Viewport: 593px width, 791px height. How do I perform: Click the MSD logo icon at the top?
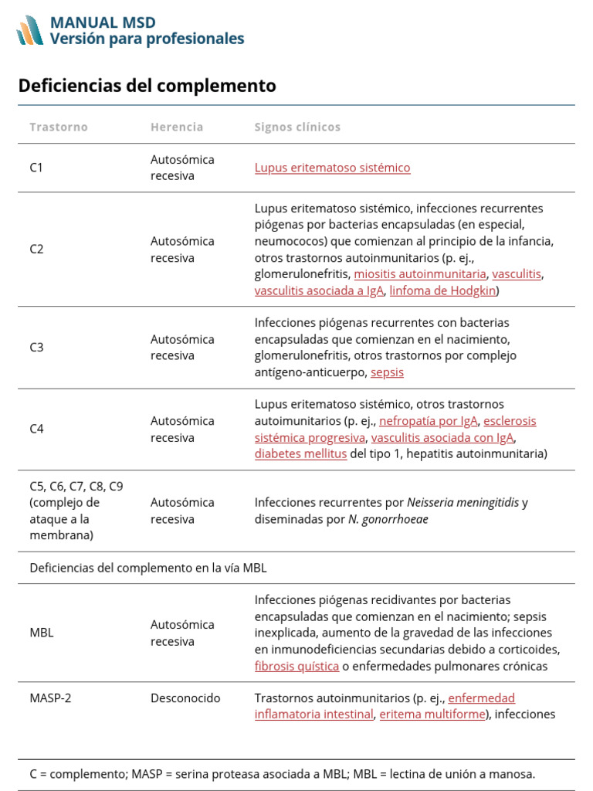click(30, 30)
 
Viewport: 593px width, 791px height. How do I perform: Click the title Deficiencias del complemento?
click(147, 86)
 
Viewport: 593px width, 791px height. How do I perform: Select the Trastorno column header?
click(59, 127)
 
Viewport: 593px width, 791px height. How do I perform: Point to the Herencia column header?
click(177, 127)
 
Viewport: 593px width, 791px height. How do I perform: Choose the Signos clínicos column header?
click(297, 127)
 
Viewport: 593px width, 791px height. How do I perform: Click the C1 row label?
click(36, 168)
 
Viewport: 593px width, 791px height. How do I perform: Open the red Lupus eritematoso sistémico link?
click(332, 168)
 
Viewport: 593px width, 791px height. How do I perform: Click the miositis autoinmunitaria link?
click(420, 274)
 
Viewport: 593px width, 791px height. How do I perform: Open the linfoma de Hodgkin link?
click(442, 291)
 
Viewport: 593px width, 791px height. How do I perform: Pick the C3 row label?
click(36, 348)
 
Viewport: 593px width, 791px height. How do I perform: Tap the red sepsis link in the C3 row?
click(387, 372)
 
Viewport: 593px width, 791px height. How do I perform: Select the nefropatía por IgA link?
click(429, 421)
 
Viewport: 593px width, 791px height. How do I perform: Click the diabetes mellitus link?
click(300, 454)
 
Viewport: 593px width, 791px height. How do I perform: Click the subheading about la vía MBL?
click(148, 568)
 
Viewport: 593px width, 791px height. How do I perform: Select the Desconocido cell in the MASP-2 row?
click(185, 698)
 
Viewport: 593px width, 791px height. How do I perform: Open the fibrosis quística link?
click(296, 666)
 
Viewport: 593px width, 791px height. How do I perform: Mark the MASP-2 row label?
click(50, 698)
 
